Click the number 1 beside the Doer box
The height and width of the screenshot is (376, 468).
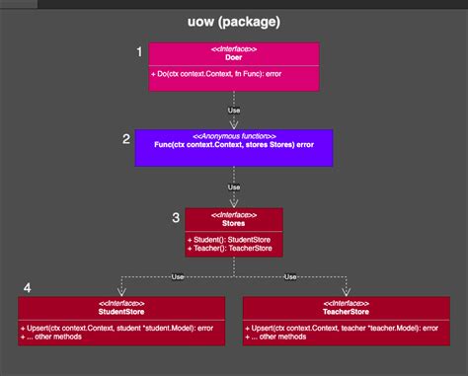[139, 50]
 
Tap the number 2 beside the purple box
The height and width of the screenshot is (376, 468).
[126, 139]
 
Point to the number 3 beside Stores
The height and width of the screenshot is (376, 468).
[176, 217]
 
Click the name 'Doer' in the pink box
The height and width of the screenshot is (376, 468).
[233, 57]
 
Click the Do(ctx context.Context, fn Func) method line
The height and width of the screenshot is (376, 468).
[212, 75]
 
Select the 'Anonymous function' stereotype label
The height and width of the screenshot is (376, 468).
[233, 135]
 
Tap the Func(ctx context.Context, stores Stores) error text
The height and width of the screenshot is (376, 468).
[233, 145]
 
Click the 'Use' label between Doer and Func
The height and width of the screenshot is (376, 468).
[234, 110]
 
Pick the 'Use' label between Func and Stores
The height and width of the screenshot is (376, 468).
[234, 187]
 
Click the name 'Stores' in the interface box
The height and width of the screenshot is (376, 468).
[233, 223]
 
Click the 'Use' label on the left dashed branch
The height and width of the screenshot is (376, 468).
[177, 276]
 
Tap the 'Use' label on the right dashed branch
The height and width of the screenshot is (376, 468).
[289, 276]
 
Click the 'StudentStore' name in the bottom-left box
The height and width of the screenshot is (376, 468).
[121, 311]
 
